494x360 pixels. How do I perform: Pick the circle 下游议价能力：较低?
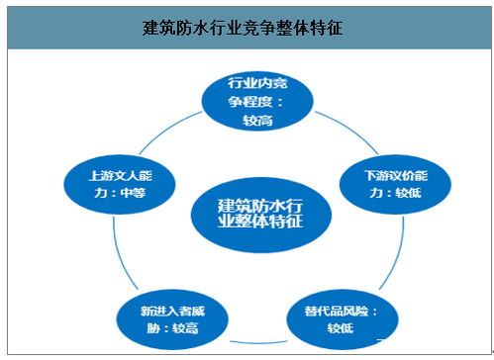coord(379,182)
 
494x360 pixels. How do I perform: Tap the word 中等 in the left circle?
coord(133,192)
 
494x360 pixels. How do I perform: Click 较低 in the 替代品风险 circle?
coord(335,328)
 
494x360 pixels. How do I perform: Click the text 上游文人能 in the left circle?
coord(116,174)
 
